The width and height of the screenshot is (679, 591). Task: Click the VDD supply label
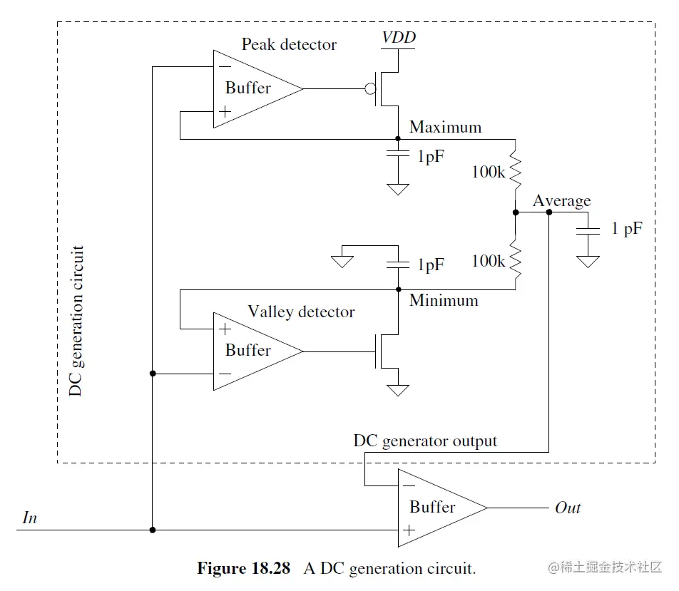[x=399, y=37]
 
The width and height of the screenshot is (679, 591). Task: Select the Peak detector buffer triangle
[x=253, y=89]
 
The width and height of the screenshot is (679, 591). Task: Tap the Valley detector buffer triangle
[x=253, y=351]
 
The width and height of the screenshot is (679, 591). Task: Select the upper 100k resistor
[x=515, y=171]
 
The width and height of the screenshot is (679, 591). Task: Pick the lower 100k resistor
[x=515, y=261]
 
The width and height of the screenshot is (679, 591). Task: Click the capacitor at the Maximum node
[x=397, y=155]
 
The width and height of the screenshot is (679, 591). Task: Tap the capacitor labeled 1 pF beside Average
[x=588, y=230]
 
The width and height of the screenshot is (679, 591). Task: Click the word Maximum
[x=445, y=128]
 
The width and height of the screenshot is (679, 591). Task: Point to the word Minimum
[x=444, y=300]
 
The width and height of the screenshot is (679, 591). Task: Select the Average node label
[x=561, y=201]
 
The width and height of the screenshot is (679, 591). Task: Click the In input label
[x=29, y=518]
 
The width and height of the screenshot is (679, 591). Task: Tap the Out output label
[x=568, y=508]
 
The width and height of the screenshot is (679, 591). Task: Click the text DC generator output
[x=425, y=441]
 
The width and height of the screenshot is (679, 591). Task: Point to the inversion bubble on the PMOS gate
[x=369, y=89]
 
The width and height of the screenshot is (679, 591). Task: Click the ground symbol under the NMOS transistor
[x=397, y=390]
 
